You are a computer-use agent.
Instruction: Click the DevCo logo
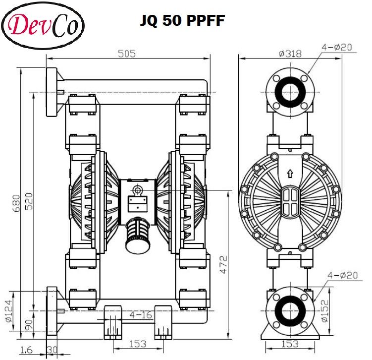coord(43,25)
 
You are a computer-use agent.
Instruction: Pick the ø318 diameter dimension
coord(290,54)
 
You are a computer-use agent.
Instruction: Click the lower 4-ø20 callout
coord(343,275)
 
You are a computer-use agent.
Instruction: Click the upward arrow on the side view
coord(290,174)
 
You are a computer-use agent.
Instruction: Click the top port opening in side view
coord(290,93)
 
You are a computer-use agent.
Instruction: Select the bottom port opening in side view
coord(290,309)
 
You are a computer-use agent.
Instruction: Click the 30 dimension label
coord(52,350)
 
